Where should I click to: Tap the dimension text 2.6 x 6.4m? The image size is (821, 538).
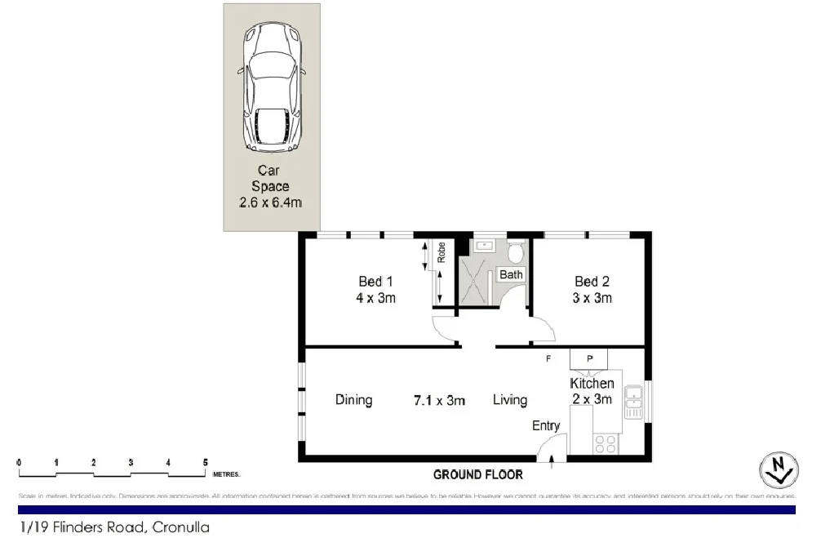[270, 202]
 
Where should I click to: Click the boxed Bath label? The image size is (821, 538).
[511, 274]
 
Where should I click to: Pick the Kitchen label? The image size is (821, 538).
[592, 383]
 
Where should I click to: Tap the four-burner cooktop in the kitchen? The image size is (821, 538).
[606, 443]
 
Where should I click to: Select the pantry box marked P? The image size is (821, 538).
[588, 358]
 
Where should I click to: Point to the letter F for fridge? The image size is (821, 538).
[549, 358]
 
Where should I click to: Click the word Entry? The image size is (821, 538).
[546, 425]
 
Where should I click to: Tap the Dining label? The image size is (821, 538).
[353, 400]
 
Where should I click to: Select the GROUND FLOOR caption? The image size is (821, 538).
[477, 474]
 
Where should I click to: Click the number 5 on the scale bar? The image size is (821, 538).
[205, 463]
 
